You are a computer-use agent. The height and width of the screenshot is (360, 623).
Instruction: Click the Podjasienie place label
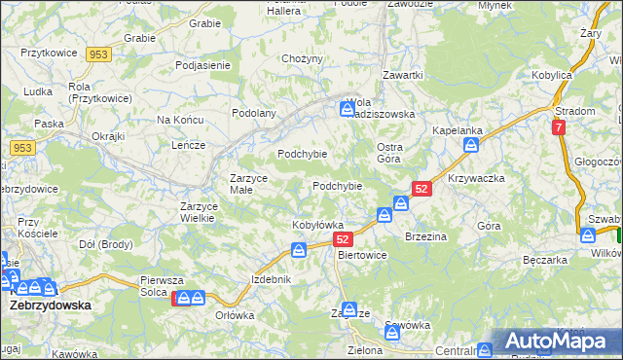(x=202, y=65)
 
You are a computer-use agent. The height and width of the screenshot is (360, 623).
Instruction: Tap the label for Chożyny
(x=301, y=59)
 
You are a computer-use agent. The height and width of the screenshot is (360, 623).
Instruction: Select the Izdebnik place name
(x=271, y=279)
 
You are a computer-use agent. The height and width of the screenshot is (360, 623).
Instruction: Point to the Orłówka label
(x=235, y=315)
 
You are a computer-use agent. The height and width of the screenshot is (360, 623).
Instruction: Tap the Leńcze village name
(x=187, y=145)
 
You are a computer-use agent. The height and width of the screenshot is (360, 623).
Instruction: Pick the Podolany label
(x=254, y=113)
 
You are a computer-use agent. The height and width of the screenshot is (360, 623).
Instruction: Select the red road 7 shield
(x=558, y=127)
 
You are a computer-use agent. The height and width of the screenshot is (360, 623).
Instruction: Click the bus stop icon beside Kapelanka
(x=471, y=145)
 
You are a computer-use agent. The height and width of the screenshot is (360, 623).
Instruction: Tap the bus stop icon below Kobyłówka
(x=299, y=251)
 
